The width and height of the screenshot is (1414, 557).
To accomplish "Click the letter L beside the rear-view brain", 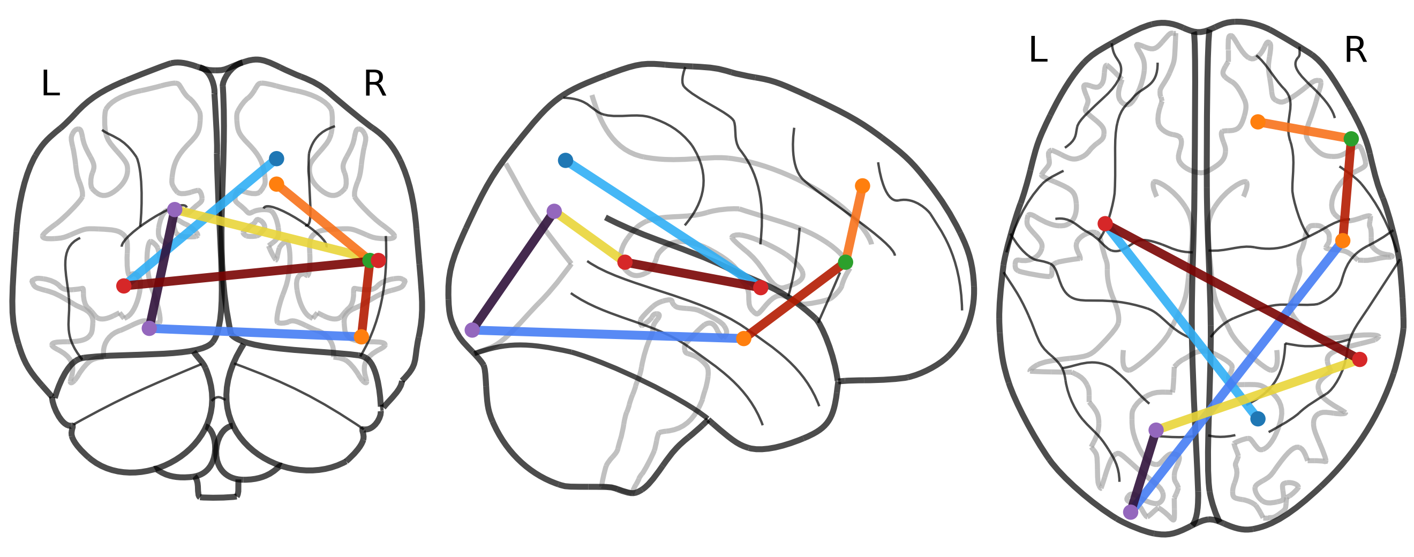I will [50, 85].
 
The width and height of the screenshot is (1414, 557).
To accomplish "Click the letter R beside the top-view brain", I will [1355, 50].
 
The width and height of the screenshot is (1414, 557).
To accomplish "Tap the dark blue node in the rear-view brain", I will [277, 159].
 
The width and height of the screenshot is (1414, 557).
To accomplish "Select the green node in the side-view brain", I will [845, 262].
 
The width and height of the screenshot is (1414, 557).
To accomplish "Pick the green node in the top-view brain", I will [1351, 139].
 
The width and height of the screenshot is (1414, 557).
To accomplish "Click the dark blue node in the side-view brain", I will [566, 160].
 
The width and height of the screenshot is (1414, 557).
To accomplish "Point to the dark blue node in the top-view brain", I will [1258, 419].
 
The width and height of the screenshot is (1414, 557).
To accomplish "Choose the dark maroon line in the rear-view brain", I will [247, 273].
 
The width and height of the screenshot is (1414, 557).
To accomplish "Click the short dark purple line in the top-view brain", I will [1143, 471].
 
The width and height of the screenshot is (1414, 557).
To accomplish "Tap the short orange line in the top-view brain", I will [1304, 131].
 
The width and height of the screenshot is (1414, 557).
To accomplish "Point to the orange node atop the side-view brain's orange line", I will [862, 185].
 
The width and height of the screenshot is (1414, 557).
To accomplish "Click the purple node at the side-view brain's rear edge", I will [472, 330].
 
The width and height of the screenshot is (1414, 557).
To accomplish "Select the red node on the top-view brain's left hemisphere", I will [1105, 223].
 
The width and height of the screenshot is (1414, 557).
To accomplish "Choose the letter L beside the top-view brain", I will [1038, 50].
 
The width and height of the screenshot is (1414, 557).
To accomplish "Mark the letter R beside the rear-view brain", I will [375, 85].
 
